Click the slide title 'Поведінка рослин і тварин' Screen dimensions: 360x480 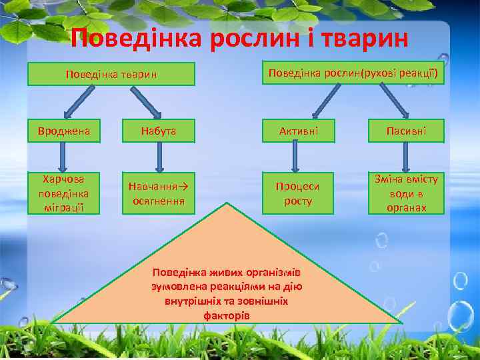click(x=239, y=39)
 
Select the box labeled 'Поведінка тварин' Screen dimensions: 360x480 click(x=111, y=73)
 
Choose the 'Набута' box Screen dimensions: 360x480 click(x=159, y=132)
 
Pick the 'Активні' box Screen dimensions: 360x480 click(x=298, y=132)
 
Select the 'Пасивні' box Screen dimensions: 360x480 click(x=407, y=132)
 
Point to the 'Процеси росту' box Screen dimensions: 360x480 click(x=298, y=193)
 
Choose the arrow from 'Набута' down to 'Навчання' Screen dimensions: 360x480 click(x=159, y=158)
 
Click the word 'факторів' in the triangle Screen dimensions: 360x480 click(x=227, y=314)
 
